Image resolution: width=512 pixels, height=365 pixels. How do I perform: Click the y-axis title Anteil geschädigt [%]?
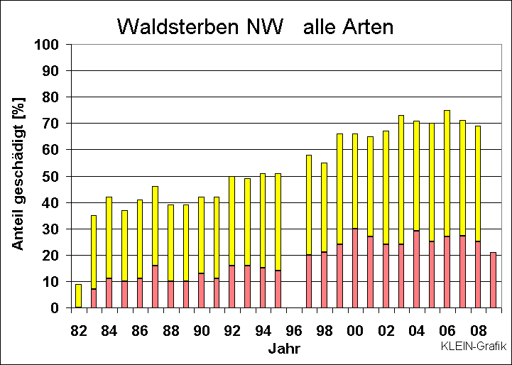coord(19,176)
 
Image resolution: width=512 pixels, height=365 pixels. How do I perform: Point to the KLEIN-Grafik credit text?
coord(473,347)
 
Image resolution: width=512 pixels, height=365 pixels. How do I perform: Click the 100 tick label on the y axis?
coord(53,44)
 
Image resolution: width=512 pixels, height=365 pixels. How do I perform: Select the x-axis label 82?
coord(79,331)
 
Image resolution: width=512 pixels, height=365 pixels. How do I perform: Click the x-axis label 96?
coord(293,331)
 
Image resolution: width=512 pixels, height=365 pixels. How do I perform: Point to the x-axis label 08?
coord(477,331)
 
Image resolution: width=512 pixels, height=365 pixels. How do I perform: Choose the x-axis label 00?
coord(354,331)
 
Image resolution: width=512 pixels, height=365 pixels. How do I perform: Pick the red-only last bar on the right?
coord(493,280)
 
